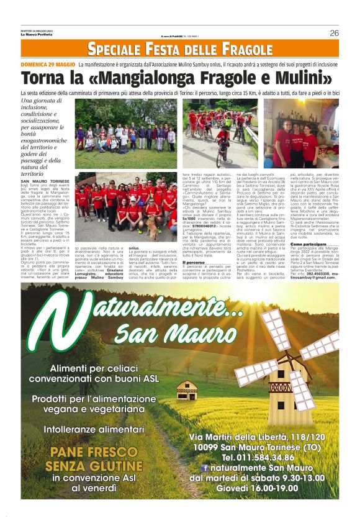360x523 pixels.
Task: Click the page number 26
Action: click(x=334, y=32)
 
